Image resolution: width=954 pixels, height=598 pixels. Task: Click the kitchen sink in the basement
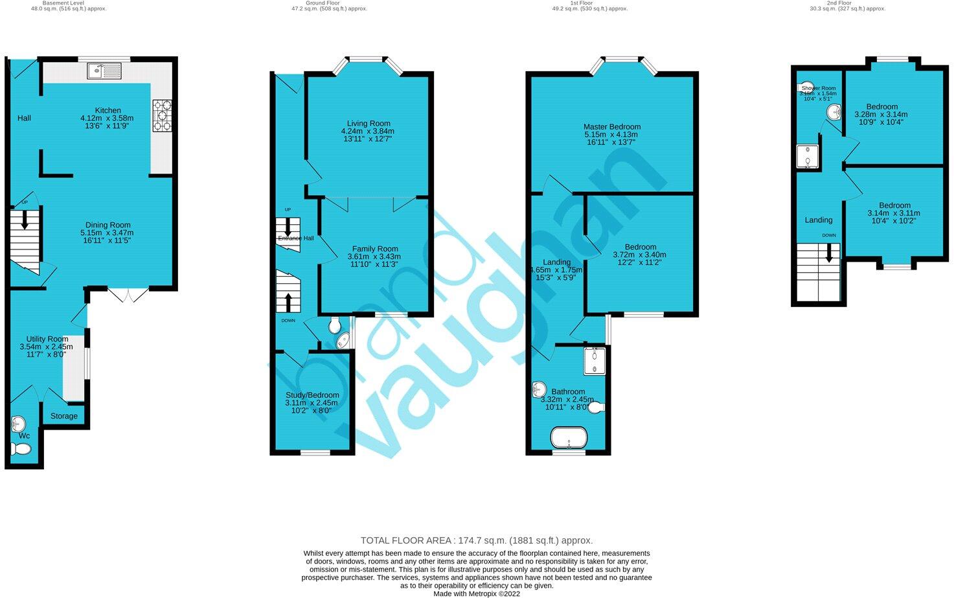tap(104, 70)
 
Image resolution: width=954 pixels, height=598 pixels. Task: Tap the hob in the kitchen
tap(162, 116)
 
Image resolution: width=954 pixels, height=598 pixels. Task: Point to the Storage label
tap(64, 416)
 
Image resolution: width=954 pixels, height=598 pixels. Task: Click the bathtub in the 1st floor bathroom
tap(569, 437)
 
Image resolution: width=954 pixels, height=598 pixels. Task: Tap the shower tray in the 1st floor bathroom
tap(595, 362)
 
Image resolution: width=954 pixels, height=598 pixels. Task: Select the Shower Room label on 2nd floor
tap(819, 88)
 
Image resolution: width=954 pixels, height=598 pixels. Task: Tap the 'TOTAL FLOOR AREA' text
tap(476, 540)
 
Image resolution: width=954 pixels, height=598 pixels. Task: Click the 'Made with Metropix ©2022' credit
tap(476, 593)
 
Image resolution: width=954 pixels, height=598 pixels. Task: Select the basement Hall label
tap(24, 118)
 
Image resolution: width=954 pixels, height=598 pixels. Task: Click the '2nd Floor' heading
tap(839, 3)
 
